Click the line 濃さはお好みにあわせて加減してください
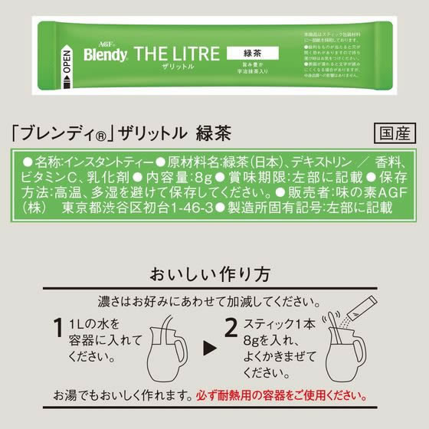click(215, 299)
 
